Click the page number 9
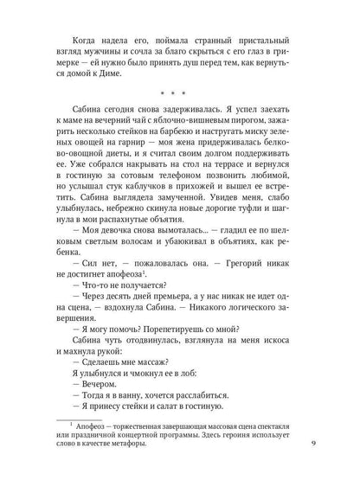click(312, 445)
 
